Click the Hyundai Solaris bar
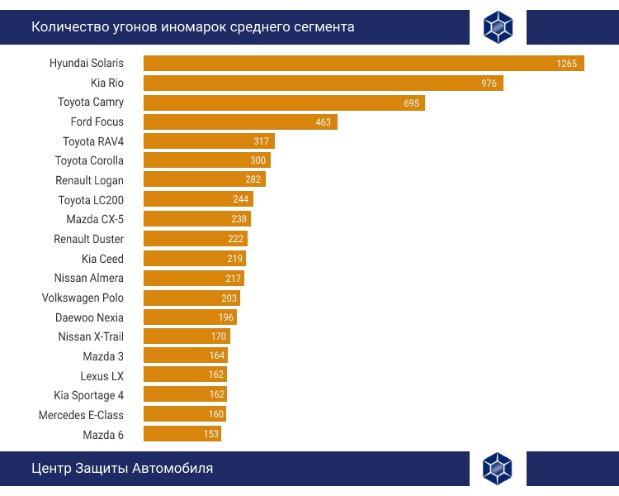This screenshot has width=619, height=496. (363, 64)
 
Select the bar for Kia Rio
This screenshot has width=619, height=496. (323, 83)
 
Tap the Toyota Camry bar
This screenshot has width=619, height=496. (284, 103)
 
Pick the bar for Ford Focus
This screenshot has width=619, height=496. (240, 122)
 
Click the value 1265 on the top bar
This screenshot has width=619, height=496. (566, 64)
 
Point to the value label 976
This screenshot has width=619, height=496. (489, 83)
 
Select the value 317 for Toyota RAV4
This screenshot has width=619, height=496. (262, 141)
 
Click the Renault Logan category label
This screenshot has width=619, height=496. (89, 180)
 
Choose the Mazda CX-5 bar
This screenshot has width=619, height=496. (196, 219)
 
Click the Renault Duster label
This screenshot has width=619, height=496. (88, 239)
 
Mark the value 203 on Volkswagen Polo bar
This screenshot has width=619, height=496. (229, 298)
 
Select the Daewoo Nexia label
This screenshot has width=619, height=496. (89, 317)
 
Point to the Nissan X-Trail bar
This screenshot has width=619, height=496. (187, 336)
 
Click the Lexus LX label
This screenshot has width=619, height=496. (102, 376)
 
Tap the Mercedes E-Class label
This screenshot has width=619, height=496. (81, 415)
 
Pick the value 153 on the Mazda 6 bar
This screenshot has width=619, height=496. (211, 435)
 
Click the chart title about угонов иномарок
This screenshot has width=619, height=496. (193, 27)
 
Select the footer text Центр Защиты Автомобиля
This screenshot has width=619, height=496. (122, 469)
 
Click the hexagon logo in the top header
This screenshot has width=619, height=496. (498, 27)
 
